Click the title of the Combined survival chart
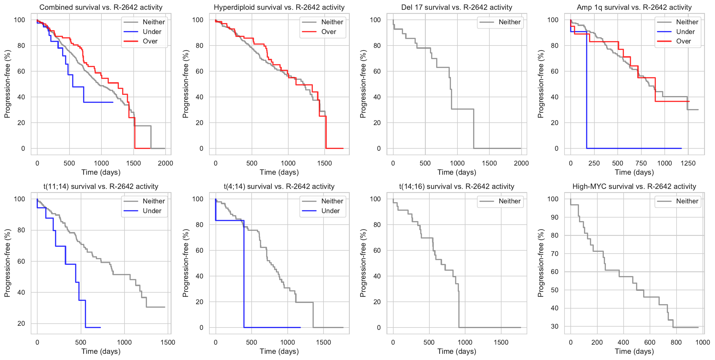[101, 7]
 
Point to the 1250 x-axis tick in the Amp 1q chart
[688, 163]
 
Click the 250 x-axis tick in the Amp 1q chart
[594, 163]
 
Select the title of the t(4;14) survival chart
[279, 187]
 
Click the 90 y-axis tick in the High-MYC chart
[554, 217]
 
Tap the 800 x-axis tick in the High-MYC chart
[676, 342]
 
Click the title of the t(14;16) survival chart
[457, 187]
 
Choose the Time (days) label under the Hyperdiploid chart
[279, 172]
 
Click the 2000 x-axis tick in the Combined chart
[165, 163]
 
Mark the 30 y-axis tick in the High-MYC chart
[554, 326]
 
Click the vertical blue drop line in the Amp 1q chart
[587, 89]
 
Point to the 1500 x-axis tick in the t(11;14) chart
[168, 342]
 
